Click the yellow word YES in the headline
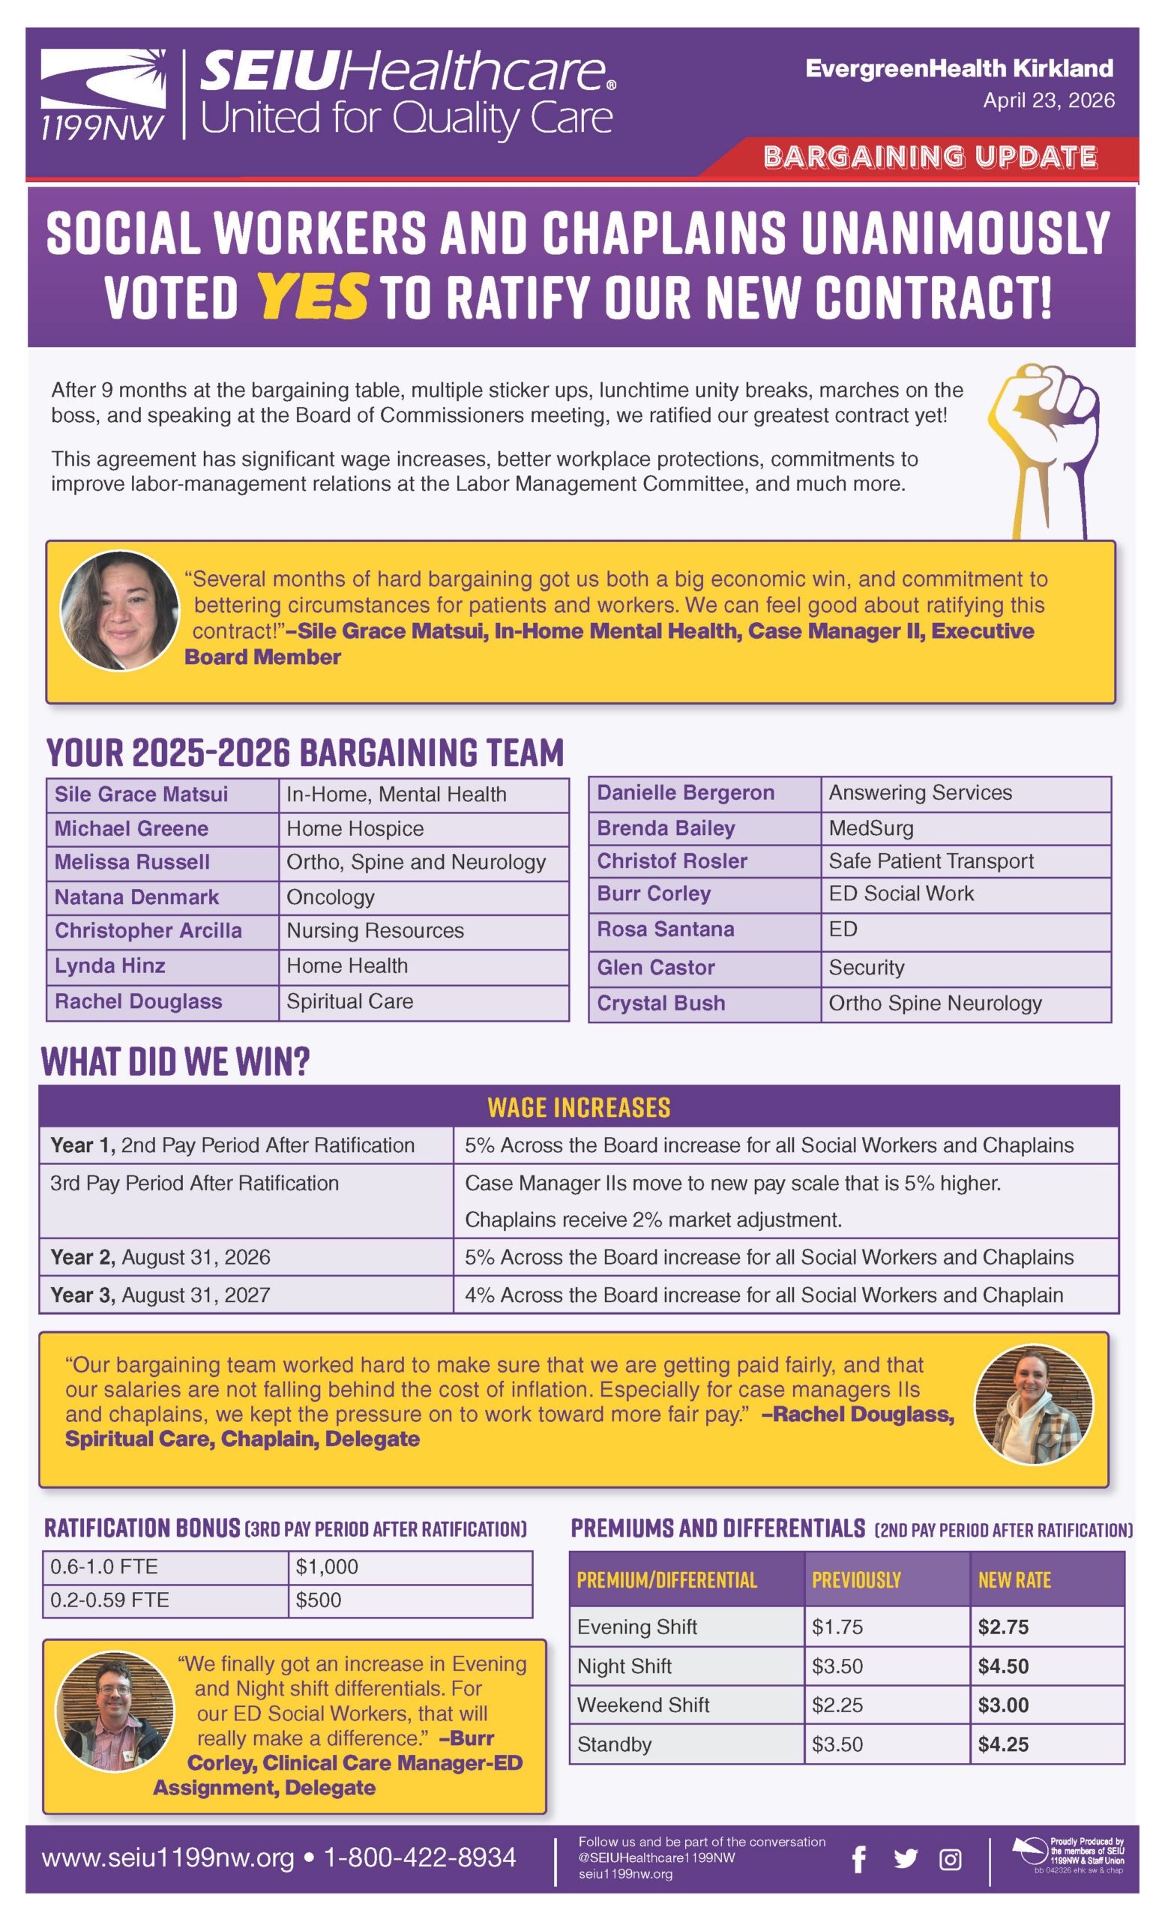point(312,297)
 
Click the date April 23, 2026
point(1048,100)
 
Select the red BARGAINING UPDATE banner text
point(930,157)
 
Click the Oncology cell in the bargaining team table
point(330,897)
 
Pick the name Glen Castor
point(656,967)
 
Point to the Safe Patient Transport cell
point(930,861)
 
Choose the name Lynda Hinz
point(109,965)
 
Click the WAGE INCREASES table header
point(579,1107)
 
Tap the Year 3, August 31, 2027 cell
point(160,1295)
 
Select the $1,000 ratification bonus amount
point(327,1566)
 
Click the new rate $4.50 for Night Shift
point(1003,1666)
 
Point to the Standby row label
point(614,1744)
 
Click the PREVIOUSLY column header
point(856,1580)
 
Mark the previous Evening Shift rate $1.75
point(837,1627)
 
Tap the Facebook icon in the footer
point(858,1859)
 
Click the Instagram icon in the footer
point(950,1859)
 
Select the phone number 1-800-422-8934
point(420,1858)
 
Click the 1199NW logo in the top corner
point(103,95)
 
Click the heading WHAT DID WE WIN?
point(175,1061)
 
